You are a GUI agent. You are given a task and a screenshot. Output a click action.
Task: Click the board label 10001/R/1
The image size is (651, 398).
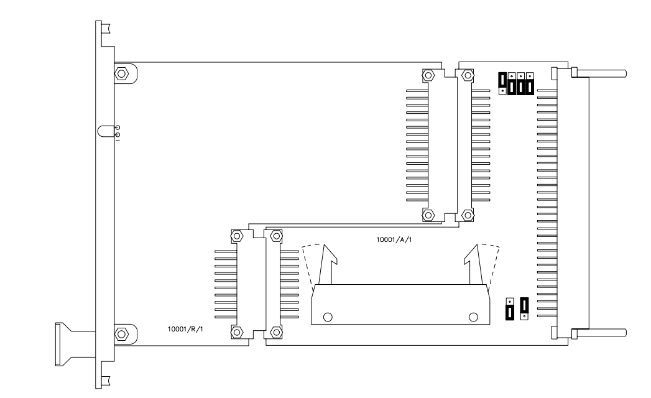pos(185,329)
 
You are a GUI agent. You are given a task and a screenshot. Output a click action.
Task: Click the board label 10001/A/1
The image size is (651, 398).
pos(394,239)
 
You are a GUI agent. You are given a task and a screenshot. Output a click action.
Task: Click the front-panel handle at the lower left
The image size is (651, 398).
pos(75,345)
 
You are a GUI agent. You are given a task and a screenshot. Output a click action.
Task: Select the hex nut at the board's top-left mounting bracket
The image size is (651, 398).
pos(121,74)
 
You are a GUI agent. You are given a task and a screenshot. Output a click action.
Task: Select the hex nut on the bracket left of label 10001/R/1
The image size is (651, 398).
pos(121,334)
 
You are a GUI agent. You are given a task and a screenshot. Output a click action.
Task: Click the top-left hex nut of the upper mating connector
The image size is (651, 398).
pos(428,75)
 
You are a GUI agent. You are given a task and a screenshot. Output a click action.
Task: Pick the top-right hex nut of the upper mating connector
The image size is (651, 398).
pos(468,75)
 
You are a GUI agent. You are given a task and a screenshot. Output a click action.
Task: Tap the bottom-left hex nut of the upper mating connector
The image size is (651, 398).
pos(428,215)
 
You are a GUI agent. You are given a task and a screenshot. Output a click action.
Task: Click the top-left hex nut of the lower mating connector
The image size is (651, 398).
pos(237,236)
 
